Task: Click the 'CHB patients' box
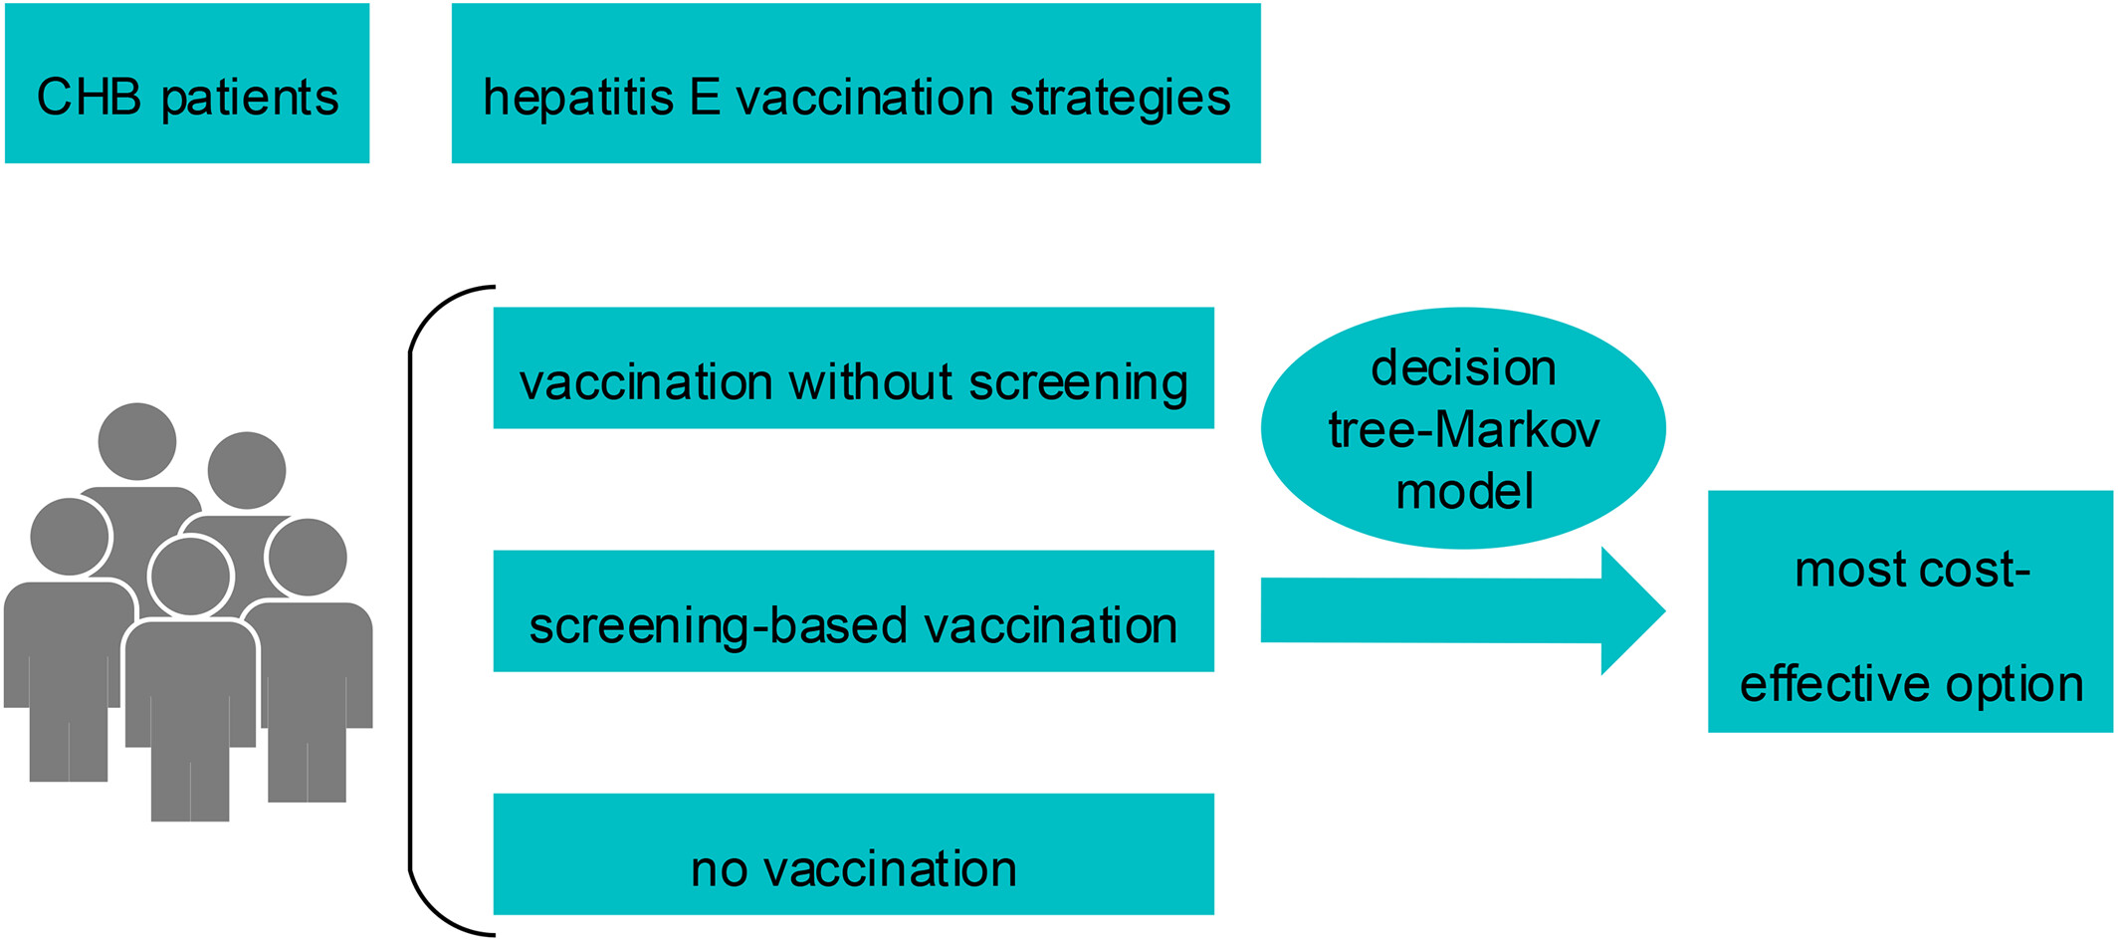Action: [x=187, y=83]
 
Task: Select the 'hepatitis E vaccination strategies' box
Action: [x=856, y=83]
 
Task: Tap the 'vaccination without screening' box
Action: [x=854, y=367]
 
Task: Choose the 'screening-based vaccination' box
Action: [x=854, y=610]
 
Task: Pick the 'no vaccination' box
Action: [x=854, y=853]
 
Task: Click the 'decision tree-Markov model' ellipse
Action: [x=1463, y=428]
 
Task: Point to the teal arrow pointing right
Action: [x=1463, y=610]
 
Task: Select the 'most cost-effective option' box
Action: [x=1911, y=611]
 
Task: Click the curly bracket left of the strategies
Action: [x=410, y=610]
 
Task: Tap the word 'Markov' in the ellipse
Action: [x=1519, y=430]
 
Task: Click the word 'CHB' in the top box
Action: [x=90, y=98]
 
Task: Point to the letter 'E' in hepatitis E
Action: [x=705, y=98]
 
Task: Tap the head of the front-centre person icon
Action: [x=190, y=576]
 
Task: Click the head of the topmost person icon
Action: [x=137, y=441]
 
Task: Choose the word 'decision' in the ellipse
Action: [x=1463, y=367]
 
